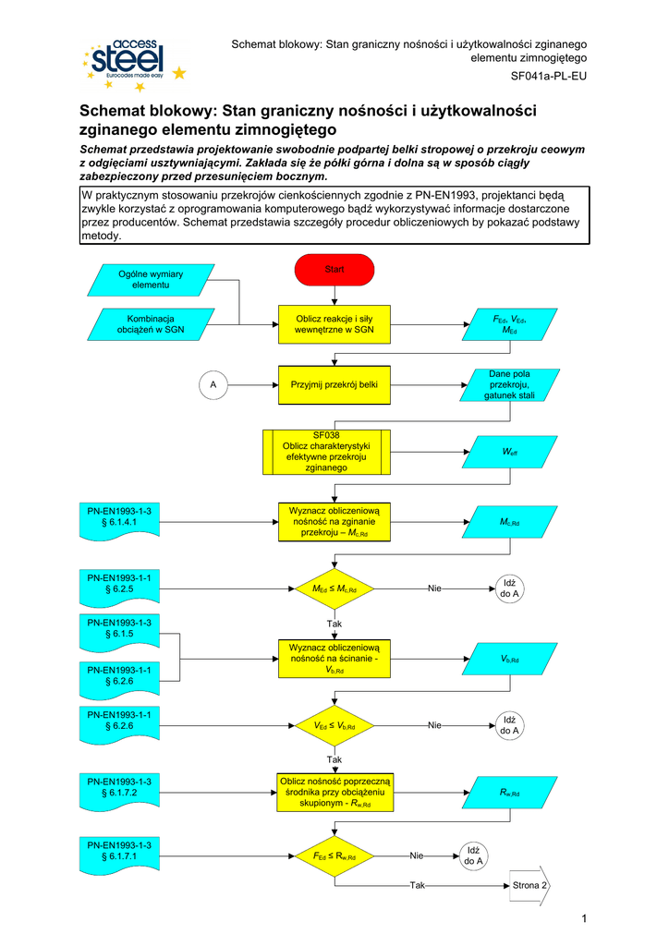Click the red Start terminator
tap(334, 270)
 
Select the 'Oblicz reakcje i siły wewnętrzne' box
tap(334, 323)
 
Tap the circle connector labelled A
tap(213, 383)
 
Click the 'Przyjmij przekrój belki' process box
tap(334, 383)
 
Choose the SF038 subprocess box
tap(327, 451)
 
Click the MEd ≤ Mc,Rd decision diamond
tap(334, 588)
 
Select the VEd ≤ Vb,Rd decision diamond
tap(334, 726)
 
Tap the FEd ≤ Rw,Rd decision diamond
tap(334, 856)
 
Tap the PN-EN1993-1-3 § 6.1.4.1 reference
tap(119, 516)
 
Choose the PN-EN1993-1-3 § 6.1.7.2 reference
tap(119, 787)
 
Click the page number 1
tap(585, 916)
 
